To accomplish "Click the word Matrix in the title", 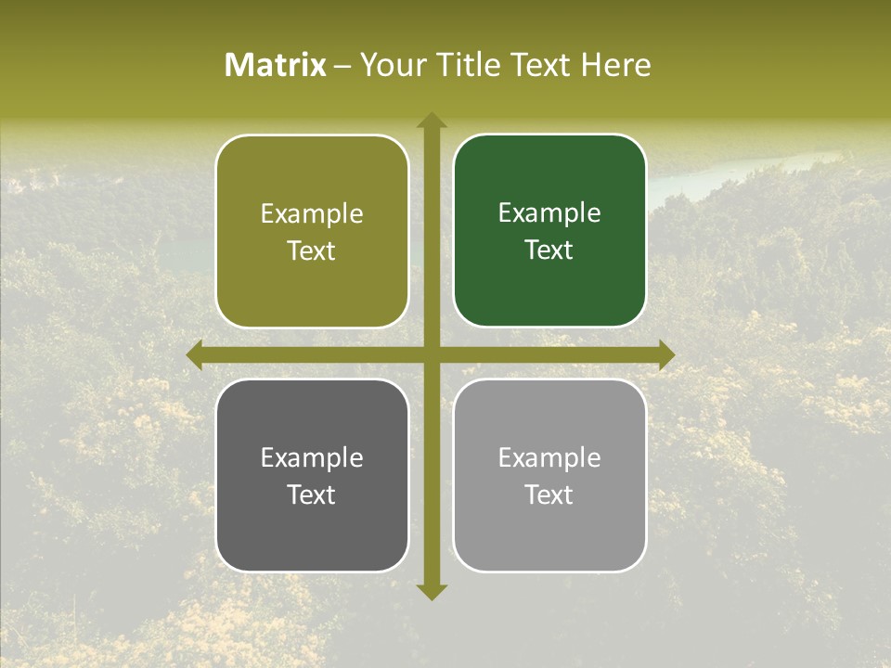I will point(276,65).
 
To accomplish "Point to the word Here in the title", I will point(615,65).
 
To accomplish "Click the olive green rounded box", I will point(312,278).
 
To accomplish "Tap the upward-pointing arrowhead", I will point(431,120).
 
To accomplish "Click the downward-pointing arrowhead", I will point(431,591).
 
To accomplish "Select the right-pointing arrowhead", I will point(666,354).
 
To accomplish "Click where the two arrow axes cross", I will point(431,354).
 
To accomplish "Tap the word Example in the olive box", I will point(312,214).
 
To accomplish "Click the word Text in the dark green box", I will point(549,250).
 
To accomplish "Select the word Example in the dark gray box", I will point(312,458).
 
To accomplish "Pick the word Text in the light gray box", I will point(549,495).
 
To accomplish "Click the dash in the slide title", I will point(342,66).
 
